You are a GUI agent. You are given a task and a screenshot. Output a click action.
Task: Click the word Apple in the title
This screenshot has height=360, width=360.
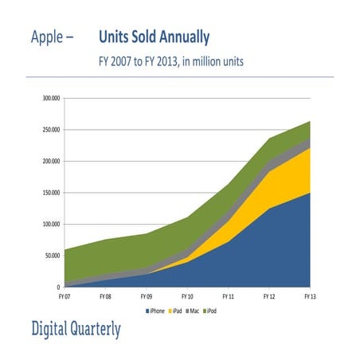click(x=50, y=37)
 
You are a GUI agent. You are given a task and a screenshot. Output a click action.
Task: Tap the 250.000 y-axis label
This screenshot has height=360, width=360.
click(x=51, y=130)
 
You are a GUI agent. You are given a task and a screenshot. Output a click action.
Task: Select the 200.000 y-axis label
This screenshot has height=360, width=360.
click(x=51, y=161)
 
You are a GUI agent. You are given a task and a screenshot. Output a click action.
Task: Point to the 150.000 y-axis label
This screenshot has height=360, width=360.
click(x=51, y=193)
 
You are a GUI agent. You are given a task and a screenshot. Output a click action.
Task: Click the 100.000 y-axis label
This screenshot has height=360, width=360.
click(x=51, y=224)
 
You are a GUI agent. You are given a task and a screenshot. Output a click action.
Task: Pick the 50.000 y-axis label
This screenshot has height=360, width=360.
click(x=53, y=256)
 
